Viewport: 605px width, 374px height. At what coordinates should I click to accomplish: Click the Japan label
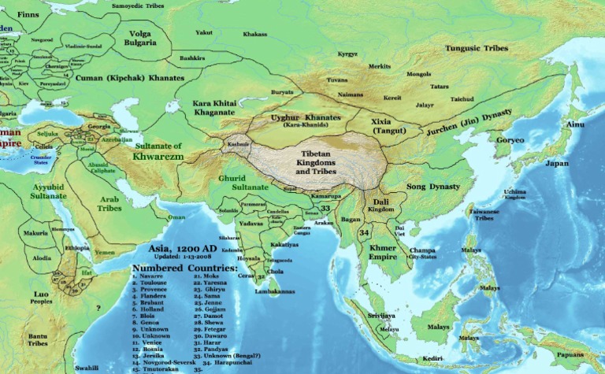[557, 164]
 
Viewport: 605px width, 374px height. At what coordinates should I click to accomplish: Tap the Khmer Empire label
[382, 252]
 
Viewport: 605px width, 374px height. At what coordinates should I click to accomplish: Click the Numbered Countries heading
[184, 268]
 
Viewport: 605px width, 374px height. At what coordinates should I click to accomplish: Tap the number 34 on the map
[363, 234]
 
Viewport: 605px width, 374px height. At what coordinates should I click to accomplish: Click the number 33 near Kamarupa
[325, 208]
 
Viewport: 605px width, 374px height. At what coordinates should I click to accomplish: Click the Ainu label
[577, 124]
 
